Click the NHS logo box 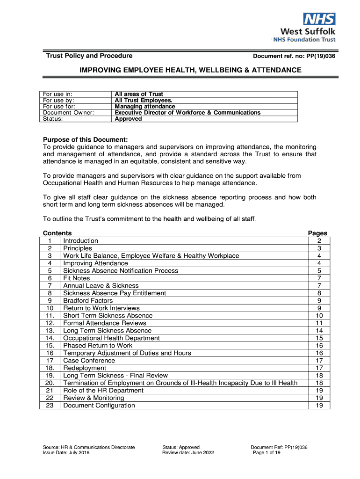pos(319,19)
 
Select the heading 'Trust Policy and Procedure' pos(89,56)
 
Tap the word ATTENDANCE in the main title pos(276,70)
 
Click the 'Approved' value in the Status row pos(128,119)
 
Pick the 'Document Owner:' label pos(68,113)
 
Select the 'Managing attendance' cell pos(145,107)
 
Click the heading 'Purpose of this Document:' pos(85,139)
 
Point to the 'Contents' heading pos(57,233)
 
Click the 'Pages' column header pos(317,233)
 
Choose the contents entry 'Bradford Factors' pos(88,301)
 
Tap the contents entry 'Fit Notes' pos(77,278)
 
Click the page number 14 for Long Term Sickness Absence pos(319,331)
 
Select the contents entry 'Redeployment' pos(85,368)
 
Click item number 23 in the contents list pos(50,406)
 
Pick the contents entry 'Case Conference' pos(89,361)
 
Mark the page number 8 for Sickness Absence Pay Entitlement pos(319,293)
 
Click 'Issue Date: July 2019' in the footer pos(66,453)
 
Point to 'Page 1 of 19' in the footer pos(266,453)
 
